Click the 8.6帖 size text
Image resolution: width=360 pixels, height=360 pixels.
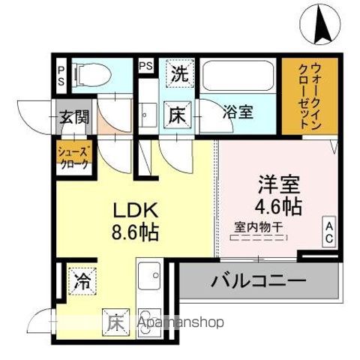click(135, 232)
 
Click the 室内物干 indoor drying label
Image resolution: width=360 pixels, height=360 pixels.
click(257, 224)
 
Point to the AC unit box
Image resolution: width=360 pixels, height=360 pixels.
click(328, 232)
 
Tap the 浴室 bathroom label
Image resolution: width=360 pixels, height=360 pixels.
click(240, 112)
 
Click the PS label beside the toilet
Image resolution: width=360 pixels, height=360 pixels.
click(61, 75)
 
